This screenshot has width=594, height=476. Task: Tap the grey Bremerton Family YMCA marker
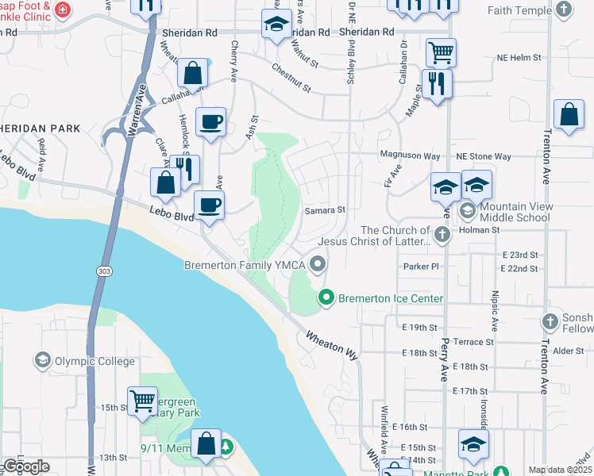tap(318, 264)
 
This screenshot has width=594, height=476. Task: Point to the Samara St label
tap(326, 210)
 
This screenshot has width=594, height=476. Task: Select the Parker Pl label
tap(421, 267)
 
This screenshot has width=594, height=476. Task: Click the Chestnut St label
tap(290, 77)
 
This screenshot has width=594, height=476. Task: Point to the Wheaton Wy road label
tap(332, 345)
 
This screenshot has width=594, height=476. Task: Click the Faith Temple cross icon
tap(563, 10)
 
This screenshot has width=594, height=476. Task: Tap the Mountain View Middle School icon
tap(468, 211)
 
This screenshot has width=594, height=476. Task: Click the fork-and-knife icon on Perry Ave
tap(437, 82)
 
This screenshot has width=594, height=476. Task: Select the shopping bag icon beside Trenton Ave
tap(569, 115)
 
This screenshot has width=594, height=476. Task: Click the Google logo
tap(26, 466)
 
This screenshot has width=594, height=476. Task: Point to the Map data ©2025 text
tap(560, 470)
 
